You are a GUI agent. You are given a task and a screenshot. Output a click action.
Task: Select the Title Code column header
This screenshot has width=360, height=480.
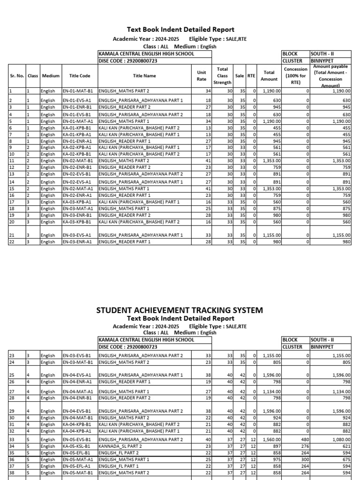click(x=79, y=75)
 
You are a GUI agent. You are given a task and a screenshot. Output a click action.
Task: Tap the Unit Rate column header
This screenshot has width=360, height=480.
click(x=201, y=75)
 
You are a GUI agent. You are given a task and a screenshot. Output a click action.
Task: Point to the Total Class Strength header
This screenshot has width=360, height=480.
click(x=222, y=75)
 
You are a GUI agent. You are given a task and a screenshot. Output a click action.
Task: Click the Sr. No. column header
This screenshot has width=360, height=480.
click(x=17, y=75)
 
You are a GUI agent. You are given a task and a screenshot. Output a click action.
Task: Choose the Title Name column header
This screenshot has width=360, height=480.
click(x=144, y=75)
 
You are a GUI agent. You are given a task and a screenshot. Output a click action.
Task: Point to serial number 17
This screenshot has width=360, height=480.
click(x=12, y=202)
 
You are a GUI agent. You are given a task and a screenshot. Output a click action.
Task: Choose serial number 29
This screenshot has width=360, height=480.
click(x=12, y=411)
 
